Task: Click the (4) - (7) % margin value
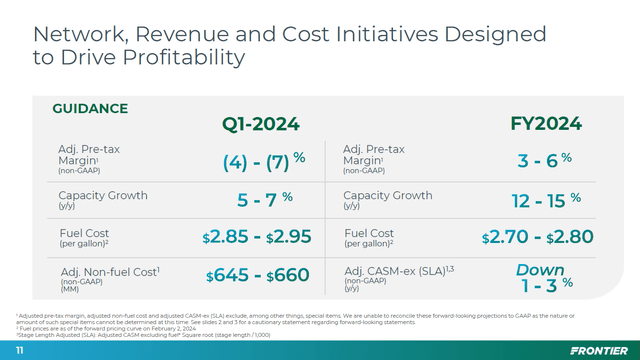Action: [263, 160]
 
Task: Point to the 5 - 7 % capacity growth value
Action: [264, 199]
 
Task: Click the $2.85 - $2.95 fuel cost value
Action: [257, 237]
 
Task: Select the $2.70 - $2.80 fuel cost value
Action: [537, 237]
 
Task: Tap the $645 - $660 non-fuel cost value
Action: [257, 275]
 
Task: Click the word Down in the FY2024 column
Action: [540, 270]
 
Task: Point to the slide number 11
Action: [20, 351]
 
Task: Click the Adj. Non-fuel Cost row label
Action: [110, 270]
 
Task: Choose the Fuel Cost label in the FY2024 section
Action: [368, 233]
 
